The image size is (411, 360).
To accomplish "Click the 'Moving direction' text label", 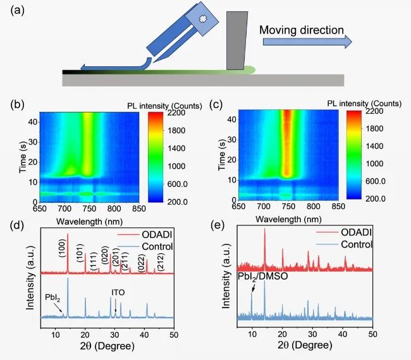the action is tap(302, 30).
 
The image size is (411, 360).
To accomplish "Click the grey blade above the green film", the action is tap(237, 40).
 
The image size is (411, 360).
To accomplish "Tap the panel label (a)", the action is tap(17, 11).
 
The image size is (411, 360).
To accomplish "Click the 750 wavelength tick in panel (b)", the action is tap(89, 208).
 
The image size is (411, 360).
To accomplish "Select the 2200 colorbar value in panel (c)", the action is tap(374, 111).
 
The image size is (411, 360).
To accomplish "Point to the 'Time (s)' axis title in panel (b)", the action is tap(23, 157).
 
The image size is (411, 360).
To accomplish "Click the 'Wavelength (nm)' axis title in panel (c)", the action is tap(288, 219).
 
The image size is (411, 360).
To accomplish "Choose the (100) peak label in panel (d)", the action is tap(63, 248).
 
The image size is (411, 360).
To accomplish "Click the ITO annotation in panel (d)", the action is tap(118, 292).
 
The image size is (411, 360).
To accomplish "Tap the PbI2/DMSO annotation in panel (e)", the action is tap(262, 277).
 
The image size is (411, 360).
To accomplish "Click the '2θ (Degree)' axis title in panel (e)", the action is tap(305, 345).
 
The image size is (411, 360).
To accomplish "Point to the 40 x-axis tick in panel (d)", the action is tap(144, 335).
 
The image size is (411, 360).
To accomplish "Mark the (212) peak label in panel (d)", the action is tap(159, 262).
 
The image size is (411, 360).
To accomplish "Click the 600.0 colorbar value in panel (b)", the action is tap(178, 184).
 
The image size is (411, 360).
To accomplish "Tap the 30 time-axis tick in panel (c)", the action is tap(231, 140).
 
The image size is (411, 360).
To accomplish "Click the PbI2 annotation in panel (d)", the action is tap(52, 298).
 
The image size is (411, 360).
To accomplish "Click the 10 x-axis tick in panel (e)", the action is tap(252, 334).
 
